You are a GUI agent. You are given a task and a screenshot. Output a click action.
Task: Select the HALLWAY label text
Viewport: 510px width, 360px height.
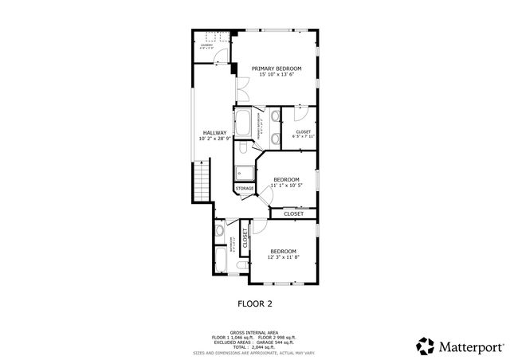(x=214, y=133)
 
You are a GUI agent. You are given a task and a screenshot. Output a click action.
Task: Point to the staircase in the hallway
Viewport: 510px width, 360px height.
(x=202, y=181)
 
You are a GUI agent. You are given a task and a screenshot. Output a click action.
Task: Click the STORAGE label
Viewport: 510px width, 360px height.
(x=245, y=189)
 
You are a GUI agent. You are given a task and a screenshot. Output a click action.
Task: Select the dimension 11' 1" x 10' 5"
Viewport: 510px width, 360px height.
(x=286, y=186)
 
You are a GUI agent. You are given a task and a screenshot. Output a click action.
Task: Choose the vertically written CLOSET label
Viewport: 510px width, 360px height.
(x=245, y=238)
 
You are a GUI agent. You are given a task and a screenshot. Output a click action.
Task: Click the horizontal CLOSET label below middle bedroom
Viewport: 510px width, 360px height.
(x=293, y=213)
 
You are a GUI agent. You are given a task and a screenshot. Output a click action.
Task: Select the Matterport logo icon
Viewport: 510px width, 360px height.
(x=426, y=345)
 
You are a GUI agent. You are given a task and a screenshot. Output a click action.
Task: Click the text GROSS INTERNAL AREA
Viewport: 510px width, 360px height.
(x=254, y=331)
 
